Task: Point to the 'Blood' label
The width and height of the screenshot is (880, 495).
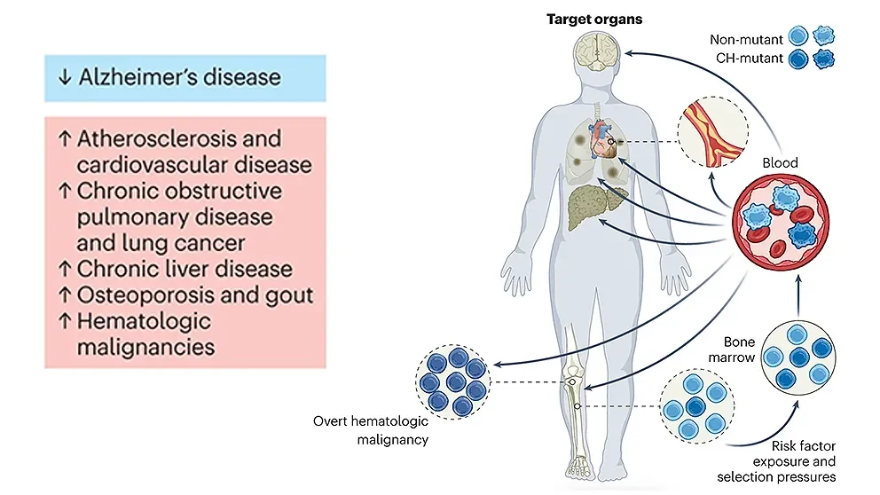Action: [781, 162]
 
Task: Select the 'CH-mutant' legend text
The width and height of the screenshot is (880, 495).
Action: [748, 60]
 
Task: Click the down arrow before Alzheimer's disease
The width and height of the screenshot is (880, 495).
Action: [64, 77]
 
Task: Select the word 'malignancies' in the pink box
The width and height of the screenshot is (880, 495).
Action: [145, 346]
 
